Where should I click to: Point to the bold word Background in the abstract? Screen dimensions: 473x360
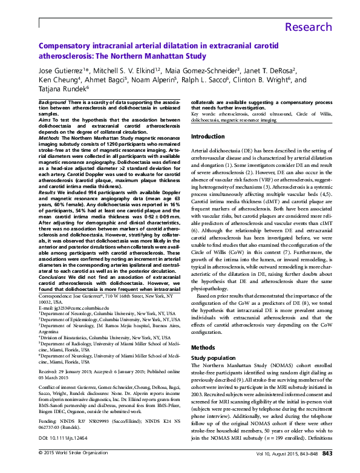click(x=54, y=103)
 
